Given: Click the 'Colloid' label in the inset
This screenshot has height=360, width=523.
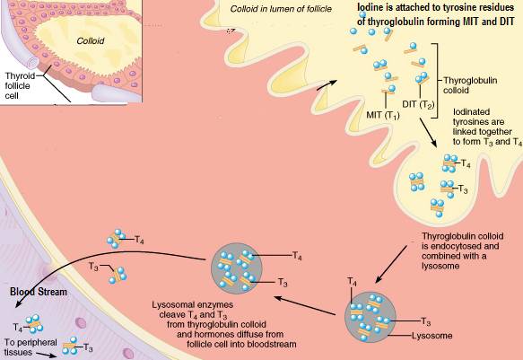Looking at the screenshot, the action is pos(91,41).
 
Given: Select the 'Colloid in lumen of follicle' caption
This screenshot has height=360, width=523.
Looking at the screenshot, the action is pos(281,9).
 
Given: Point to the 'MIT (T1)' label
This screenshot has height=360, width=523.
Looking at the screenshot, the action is pos(383,116).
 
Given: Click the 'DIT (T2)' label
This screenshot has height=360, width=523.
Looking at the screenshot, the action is pos(418,105).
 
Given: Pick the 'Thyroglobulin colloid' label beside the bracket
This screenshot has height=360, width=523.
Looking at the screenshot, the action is pos(470,85).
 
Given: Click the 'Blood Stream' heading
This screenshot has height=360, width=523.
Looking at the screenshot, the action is pos(39,292).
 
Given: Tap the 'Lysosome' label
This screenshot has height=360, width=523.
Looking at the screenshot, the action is pos(432,336).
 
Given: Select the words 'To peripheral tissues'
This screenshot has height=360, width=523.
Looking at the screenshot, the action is pos(31,347).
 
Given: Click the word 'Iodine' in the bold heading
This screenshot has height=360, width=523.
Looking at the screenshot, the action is pos(370,7).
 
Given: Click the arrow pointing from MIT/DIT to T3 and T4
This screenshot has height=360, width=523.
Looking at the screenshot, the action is pos(428,132).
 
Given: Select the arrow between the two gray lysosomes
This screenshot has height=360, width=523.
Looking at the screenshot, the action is pos(304,305).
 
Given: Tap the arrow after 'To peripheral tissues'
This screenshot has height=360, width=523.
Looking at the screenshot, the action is pos(46,355).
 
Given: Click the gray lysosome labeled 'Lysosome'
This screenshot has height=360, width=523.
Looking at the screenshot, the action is pos(370,317).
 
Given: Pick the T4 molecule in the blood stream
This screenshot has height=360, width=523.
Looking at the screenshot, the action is pos(35,324).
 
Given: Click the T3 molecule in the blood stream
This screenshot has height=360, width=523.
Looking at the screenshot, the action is pos(71,347).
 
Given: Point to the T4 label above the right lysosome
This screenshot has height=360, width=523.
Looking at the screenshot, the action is pos(352,281).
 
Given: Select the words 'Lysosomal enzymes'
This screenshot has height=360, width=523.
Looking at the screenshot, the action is pos(193,305).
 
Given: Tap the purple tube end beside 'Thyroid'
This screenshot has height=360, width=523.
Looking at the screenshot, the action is pos(34,63).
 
